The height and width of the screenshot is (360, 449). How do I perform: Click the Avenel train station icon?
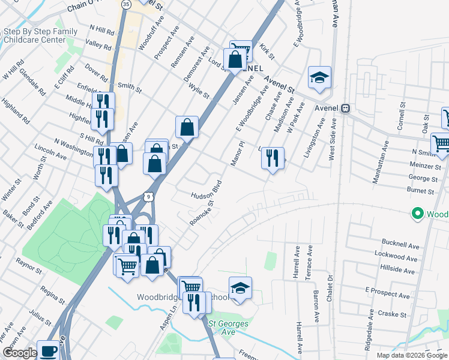pos(345,109)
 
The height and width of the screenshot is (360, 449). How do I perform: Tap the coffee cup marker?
pos(48,350)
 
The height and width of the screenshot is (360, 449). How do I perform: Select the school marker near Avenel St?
pos(319,77)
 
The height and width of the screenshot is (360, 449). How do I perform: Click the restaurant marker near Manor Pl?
pos(273,158)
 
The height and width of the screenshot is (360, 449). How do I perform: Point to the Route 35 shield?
pos(125,4)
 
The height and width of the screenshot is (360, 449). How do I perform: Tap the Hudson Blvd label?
pos(207,189)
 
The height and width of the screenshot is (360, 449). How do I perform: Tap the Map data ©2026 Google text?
pos(411,355)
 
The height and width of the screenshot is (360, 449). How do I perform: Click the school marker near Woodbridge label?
pos(240,287)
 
